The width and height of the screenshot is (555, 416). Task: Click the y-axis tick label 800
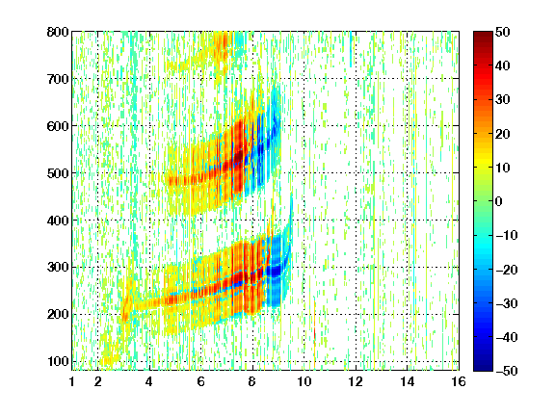coord(58,32)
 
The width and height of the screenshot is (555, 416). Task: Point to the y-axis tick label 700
coord(58,79)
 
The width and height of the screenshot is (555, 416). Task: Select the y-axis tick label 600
coord(58,126)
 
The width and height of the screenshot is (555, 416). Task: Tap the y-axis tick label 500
coord(58,173)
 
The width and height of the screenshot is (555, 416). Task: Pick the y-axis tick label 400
coord(58,221)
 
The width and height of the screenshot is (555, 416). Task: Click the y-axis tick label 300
coord(58,267)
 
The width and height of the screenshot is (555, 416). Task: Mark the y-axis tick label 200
coord(58,314)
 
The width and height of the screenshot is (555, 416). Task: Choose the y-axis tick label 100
coord(58,361)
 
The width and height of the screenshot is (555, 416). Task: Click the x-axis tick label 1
coord(72,381)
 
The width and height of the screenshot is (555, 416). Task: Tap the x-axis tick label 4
coord(149,381)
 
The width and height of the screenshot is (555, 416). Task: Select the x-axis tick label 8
coord(251,381)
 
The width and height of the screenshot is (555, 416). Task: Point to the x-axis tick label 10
coord(304,381)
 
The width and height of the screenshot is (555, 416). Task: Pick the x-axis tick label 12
coord(356,381)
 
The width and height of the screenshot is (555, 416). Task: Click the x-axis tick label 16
coord(459,381)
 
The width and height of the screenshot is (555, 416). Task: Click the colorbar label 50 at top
coord(503,32)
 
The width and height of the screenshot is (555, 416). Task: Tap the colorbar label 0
coord(499,201)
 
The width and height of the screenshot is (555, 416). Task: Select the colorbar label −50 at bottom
coord(506,371)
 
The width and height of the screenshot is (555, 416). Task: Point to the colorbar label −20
coord(506,270)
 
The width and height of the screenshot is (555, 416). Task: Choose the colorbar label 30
coord(503,99)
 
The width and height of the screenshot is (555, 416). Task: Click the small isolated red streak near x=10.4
coord(314,334)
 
